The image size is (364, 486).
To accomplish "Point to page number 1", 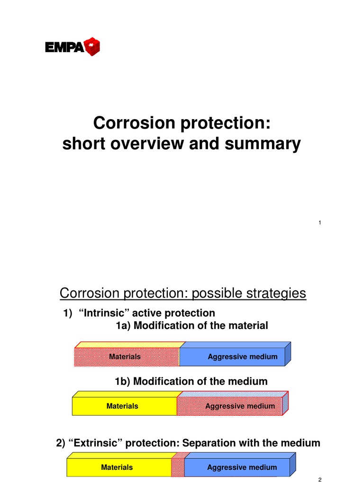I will click(x=320, y=223).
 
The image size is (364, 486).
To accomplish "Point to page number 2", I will click(x=320, y=480).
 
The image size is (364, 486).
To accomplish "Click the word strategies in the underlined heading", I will click(x=273, y=294).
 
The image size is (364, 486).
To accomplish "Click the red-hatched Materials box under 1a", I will click(x=126, y=356).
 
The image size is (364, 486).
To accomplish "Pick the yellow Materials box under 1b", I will click(x=123, y=406).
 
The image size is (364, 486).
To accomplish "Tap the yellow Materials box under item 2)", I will click(x=118, y=467).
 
